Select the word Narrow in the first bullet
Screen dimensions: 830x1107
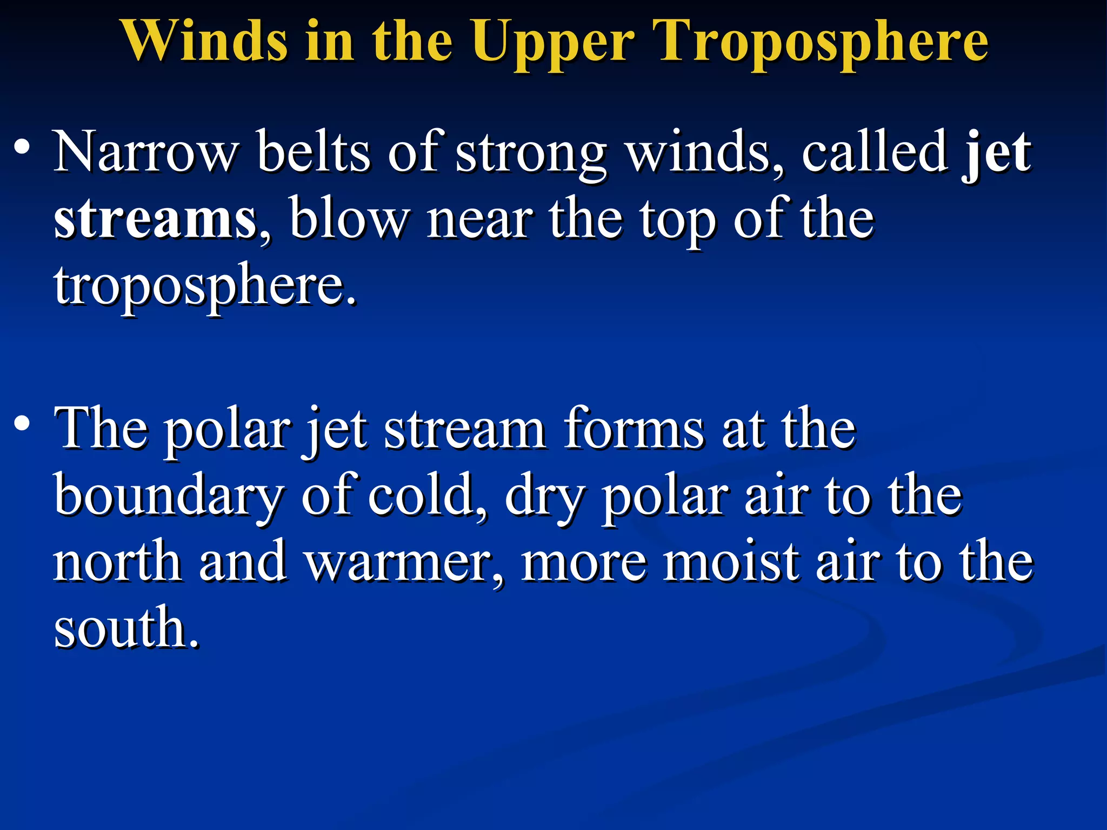tap(146, 152)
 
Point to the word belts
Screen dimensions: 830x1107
tap(314, 152)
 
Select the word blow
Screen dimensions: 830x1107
tap(349, 219)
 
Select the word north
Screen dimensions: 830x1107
tap(117, 562)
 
